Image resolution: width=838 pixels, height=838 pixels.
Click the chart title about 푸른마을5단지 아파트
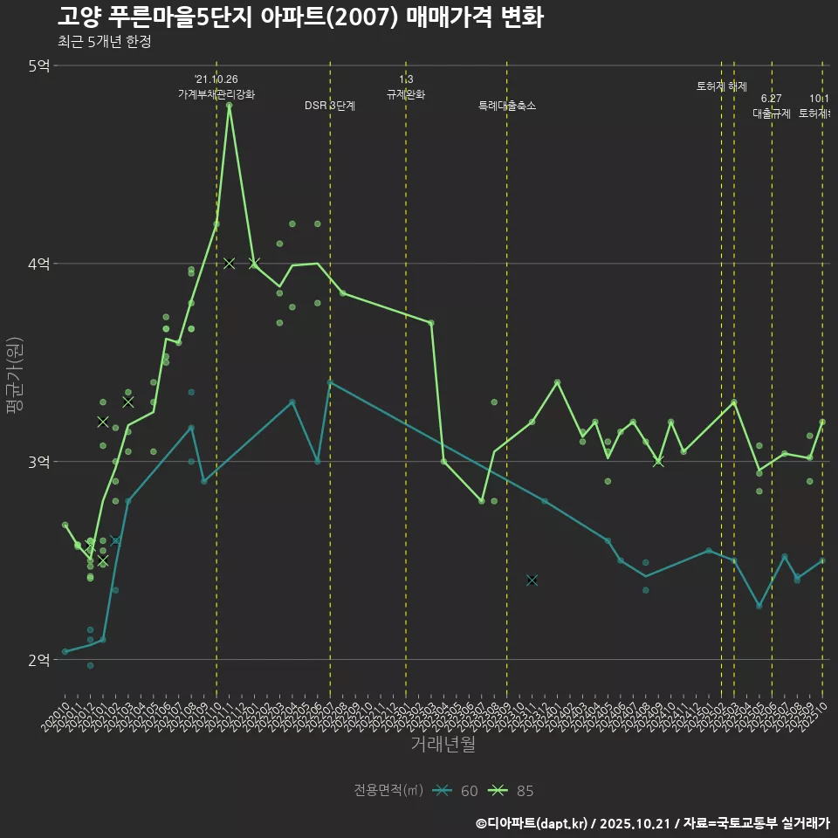coord(300,17)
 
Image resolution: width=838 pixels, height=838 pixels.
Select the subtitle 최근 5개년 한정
coord(104,42)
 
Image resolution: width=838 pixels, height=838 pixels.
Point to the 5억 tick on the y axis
coord(38,65)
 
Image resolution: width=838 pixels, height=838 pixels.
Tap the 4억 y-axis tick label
coord(38,264)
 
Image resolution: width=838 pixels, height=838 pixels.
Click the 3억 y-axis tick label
coord(38,462)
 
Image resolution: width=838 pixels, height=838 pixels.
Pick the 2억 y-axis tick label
coord(38,660)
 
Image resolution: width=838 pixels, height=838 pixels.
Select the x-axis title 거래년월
coord(443,745)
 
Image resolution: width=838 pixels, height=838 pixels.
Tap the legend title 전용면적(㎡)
coord(388,791)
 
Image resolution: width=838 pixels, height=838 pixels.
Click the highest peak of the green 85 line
coord(229,106)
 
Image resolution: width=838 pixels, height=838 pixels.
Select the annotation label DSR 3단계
coord(330,106)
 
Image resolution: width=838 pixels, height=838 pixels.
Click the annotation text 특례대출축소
coord(507,106)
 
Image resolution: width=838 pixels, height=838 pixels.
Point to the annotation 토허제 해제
coord(722,86)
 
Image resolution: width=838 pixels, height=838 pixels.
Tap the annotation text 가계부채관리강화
coord(216,94)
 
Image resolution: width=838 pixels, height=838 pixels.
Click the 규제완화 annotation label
coord(406,94)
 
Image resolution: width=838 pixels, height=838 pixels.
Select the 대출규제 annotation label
coord(772,113)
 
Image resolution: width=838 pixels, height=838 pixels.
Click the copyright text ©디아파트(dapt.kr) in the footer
coord(533,823)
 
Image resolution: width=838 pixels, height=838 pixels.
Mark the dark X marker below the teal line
coord(532,580)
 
